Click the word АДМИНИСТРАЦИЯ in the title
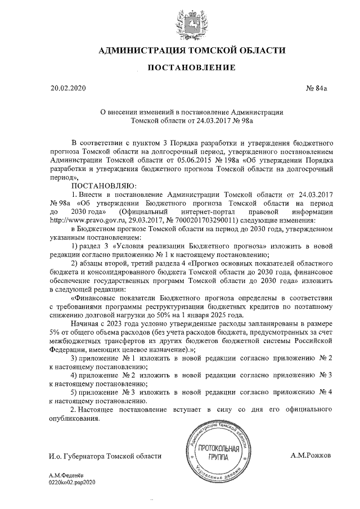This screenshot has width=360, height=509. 144,51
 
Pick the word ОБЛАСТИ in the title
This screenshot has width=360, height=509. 257,51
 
